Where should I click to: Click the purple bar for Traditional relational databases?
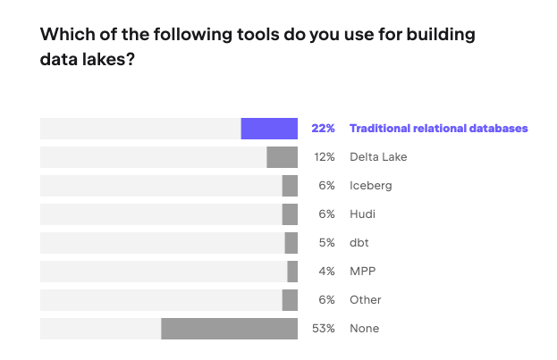[269, 129]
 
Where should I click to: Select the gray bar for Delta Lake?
[282, 157]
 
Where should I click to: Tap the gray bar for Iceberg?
[290, 186]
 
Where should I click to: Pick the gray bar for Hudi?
[290, 214]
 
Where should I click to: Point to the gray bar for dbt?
[291, 243]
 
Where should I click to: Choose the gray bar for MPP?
[292, 272]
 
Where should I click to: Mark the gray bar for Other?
[290, 300]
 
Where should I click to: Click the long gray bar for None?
[229, 329]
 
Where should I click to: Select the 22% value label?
[323, 129]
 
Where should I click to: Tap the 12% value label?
[324, 157]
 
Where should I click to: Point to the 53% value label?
[323, 329]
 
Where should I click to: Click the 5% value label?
[326, 243]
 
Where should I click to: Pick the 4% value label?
[326, 272]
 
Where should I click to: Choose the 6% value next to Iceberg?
[326, 186]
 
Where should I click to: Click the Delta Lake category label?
[378, 157]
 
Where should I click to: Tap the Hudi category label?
[362, 214]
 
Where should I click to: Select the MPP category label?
[362, 272]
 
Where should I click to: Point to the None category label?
[364, 329]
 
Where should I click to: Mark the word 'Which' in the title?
[64, 36]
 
